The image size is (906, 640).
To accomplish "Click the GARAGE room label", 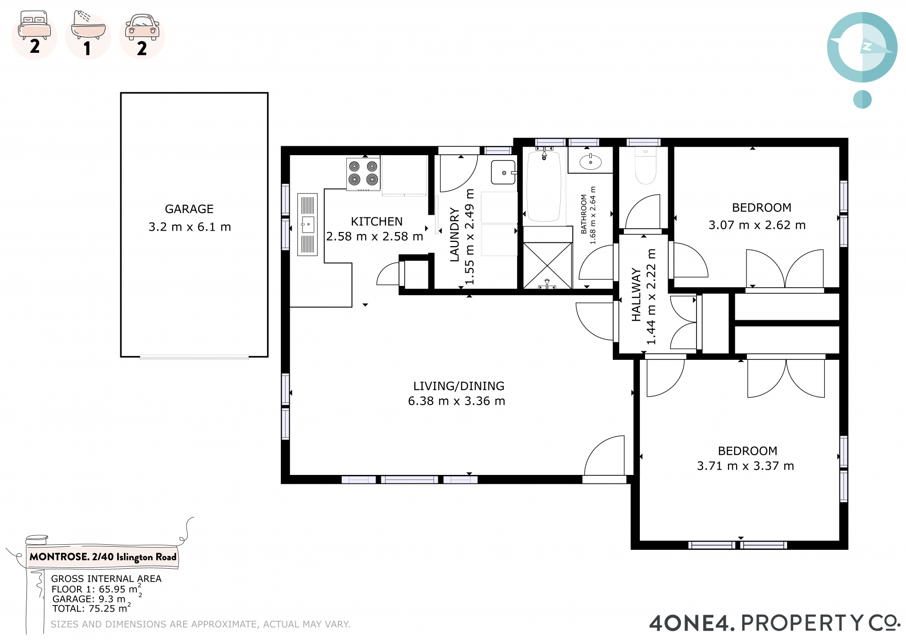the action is click(189, 209).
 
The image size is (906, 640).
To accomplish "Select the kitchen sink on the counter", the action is click(307, 224).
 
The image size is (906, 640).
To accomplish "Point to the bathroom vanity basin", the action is click(590, 162).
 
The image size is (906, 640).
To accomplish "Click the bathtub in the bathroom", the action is click(544, 186).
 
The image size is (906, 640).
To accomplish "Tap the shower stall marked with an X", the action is click(547, 265).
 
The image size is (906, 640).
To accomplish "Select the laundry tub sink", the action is click(503, 173).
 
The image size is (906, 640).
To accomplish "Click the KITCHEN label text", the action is click(377, 222).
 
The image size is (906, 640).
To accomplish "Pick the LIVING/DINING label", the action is click(459, 386).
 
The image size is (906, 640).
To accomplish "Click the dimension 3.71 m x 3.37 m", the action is click(746, 466).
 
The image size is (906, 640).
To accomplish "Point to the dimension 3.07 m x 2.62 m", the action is click(757, 225).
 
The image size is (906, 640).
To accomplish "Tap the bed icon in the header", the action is click(34, 25).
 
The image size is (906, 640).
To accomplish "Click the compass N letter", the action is click(867, 46).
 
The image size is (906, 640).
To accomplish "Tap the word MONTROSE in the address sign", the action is click(59, 557).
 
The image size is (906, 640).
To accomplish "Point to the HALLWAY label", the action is click(636, 295).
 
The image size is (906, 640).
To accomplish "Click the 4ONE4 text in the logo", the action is click(692, 623).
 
